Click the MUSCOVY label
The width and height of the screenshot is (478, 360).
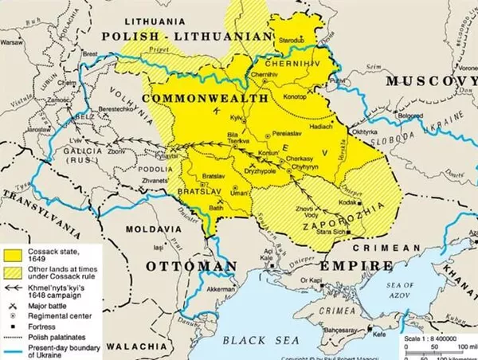(x=430, y=82)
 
